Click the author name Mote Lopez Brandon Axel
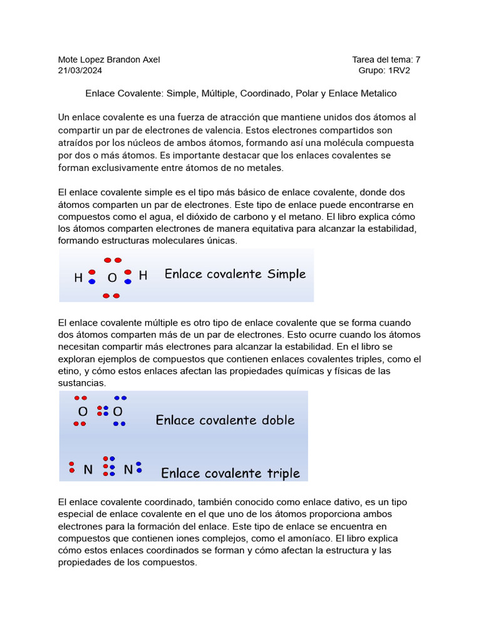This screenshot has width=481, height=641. pos(109,59)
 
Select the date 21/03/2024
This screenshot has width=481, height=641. pos(80,71)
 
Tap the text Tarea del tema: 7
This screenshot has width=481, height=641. pos(386,59)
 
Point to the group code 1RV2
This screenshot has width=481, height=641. pos(399,71)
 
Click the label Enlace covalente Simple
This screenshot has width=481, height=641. pos(235,274)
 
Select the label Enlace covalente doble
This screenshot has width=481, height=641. pos(225,420)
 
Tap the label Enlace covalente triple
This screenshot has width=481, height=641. pos(230,473)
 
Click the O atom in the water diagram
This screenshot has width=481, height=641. pos(112,277)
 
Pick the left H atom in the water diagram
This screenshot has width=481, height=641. pos(78,277)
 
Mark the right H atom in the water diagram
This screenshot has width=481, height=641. pos(143,275)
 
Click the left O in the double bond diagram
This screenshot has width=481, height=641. pos(83,412)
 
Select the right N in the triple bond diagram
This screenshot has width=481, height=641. pos(128,469)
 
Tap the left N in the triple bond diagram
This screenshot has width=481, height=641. pos(88,469)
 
